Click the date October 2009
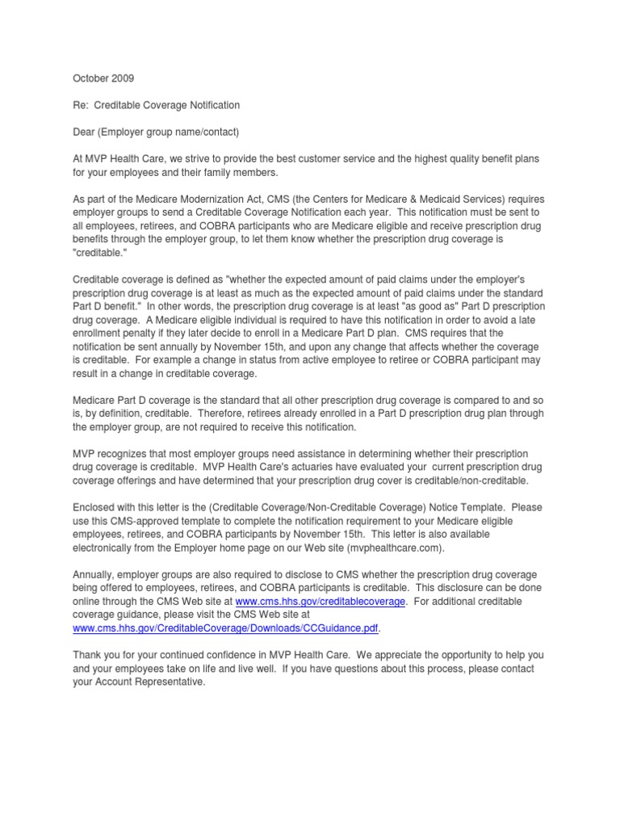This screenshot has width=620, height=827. pos(103,79)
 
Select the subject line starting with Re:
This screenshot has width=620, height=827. pos(156,106)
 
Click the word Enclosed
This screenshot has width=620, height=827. pos(94,506)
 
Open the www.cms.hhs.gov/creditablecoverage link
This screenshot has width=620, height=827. pos(320,600)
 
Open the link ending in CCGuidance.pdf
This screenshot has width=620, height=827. pos(225,627)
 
